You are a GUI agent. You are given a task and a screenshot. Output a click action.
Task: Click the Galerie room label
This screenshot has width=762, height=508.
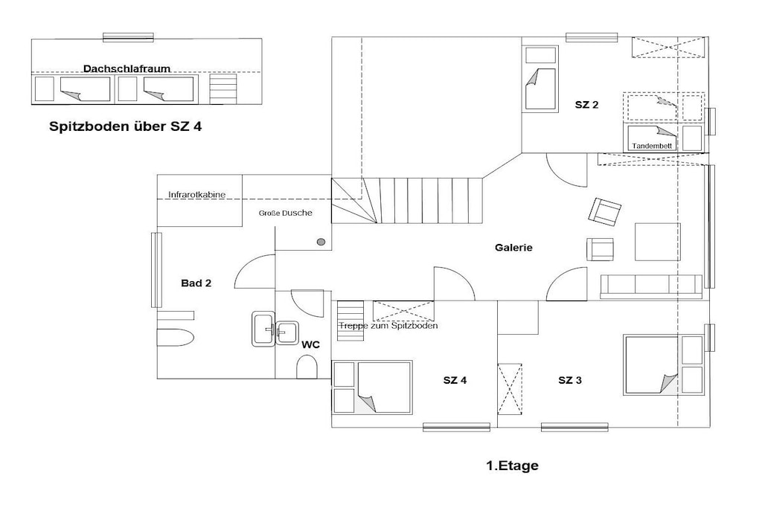[x=513, y=247]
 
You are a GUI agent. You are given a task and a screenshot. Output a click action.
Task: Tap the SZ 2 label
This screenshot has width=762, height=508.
[x=586, y=104]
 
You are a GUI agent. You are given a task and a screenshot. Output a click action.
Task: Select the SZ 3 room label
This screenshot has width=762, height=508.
[x=570, y=380]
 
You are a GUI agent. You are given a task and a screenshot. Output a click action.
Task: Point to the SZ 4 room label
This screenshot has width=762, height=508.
[x=455, y=380]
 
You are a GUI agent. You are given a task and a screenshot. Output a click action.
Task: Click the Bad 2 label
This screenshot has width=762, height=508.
[x=196, y=283]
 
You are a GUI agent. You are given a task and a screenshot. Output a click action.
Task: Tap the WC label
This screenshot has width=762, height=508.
[x=310, y=344]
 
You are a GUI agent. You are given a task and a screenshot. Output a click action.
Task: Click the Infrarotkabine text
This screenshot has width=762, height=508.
[x=196, y=195]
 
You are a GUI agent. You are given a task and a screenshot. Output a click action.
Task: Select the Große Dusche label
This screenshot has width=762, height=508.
[x=285, y=213]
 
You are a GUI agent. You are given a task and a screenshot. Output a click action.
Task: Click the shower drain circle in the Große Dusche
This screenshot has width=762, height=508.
[x=321, y=242]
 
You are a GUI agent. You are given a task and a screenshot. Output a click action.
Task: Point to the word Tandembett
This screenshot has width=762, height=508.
[x=652, y=146]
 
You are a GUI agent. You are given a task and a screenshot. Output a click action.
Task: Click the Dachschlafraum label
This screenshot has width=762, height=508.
[x=127, y=68]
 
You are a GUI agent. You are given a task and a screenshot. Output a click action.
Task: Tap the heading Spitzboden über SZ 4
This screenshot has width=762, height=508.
[x=125, y=126]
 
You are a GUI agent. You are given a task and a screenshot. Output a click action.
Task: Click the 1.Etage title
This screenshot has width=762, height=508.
[x=512, y=466]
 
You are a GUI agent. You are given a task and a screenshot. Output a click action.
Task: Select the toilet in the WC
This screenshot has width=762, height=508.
[x=307, y=367]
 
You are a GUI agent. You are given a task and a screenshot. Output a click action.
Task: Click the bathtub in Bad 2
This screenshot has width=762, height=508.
[x=176, y=337]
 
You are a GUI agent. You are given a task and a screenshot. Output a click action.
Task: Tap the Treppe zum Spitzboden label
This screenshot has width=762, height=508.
[x=388, y=325]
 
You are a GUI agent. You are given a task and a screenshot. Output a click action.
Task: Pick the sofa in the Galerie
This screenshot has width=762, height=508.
[x=651, y=286]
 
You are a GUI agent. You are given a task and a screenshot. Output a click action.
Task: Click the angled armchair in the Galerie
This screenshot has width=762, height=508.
[x=604, y=212]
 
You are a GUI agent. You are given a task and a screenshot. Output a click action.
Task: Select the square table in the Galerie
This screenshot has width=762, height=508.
[x=658, y=242]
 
